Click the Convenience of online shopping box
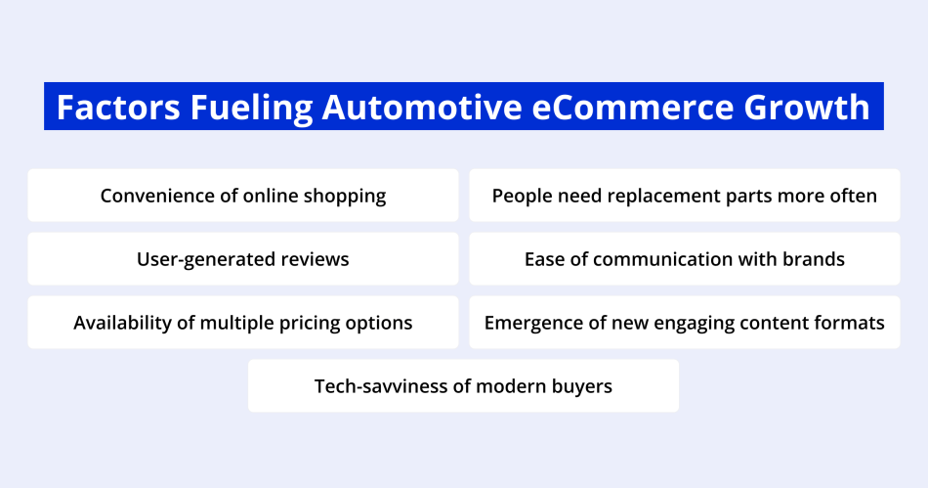click(243, 196)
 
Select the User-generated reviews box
click(243, 259)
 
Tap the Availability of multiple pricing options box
click(243, 323)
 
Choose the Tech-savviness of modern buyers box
click(463, 385)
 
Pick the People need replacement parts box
click(684, 196)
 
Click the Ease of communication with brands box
click(684, 259)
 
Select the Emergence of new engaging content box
click(684, 323)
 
